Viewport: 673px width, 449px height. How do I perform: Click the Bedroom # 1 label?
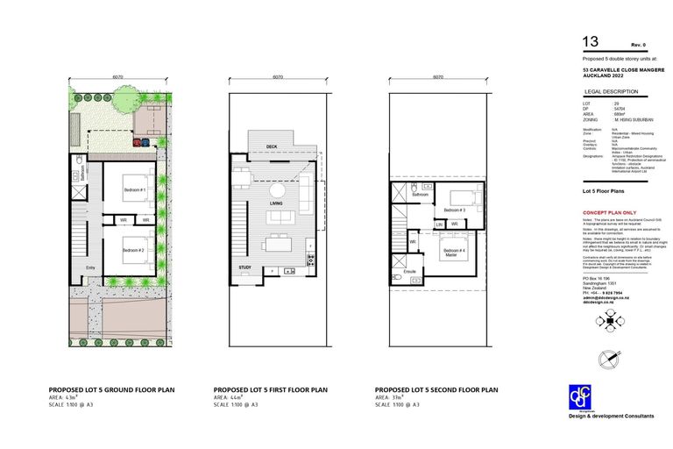click(134, 189)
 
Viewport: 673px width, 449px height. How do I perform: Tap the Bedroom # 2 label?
click(134, 251)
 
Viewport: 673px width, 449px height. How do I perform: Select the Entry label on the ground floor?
click(89, 268)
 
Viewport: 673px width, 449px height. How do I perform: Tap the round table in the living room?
click(277, 190)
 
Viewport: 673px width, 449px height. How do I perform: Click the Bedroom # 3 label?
click(454, 210)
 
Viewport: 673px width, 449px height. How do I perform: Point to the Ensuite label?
click(409, 273)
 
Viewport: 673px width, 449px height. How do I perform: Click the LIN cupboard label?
click(439, 224)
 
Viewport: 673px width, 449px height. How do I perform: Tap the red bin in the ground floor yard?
click(138, 141)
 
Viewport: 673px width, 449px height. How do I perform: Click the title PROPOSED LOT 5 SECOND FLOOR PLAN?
click(436, 388)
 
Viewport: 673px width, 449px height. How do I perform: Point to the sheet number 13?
click(591, 41)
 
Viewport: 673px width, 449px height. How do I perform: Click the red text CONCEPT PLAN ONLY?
click(609, 213)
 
